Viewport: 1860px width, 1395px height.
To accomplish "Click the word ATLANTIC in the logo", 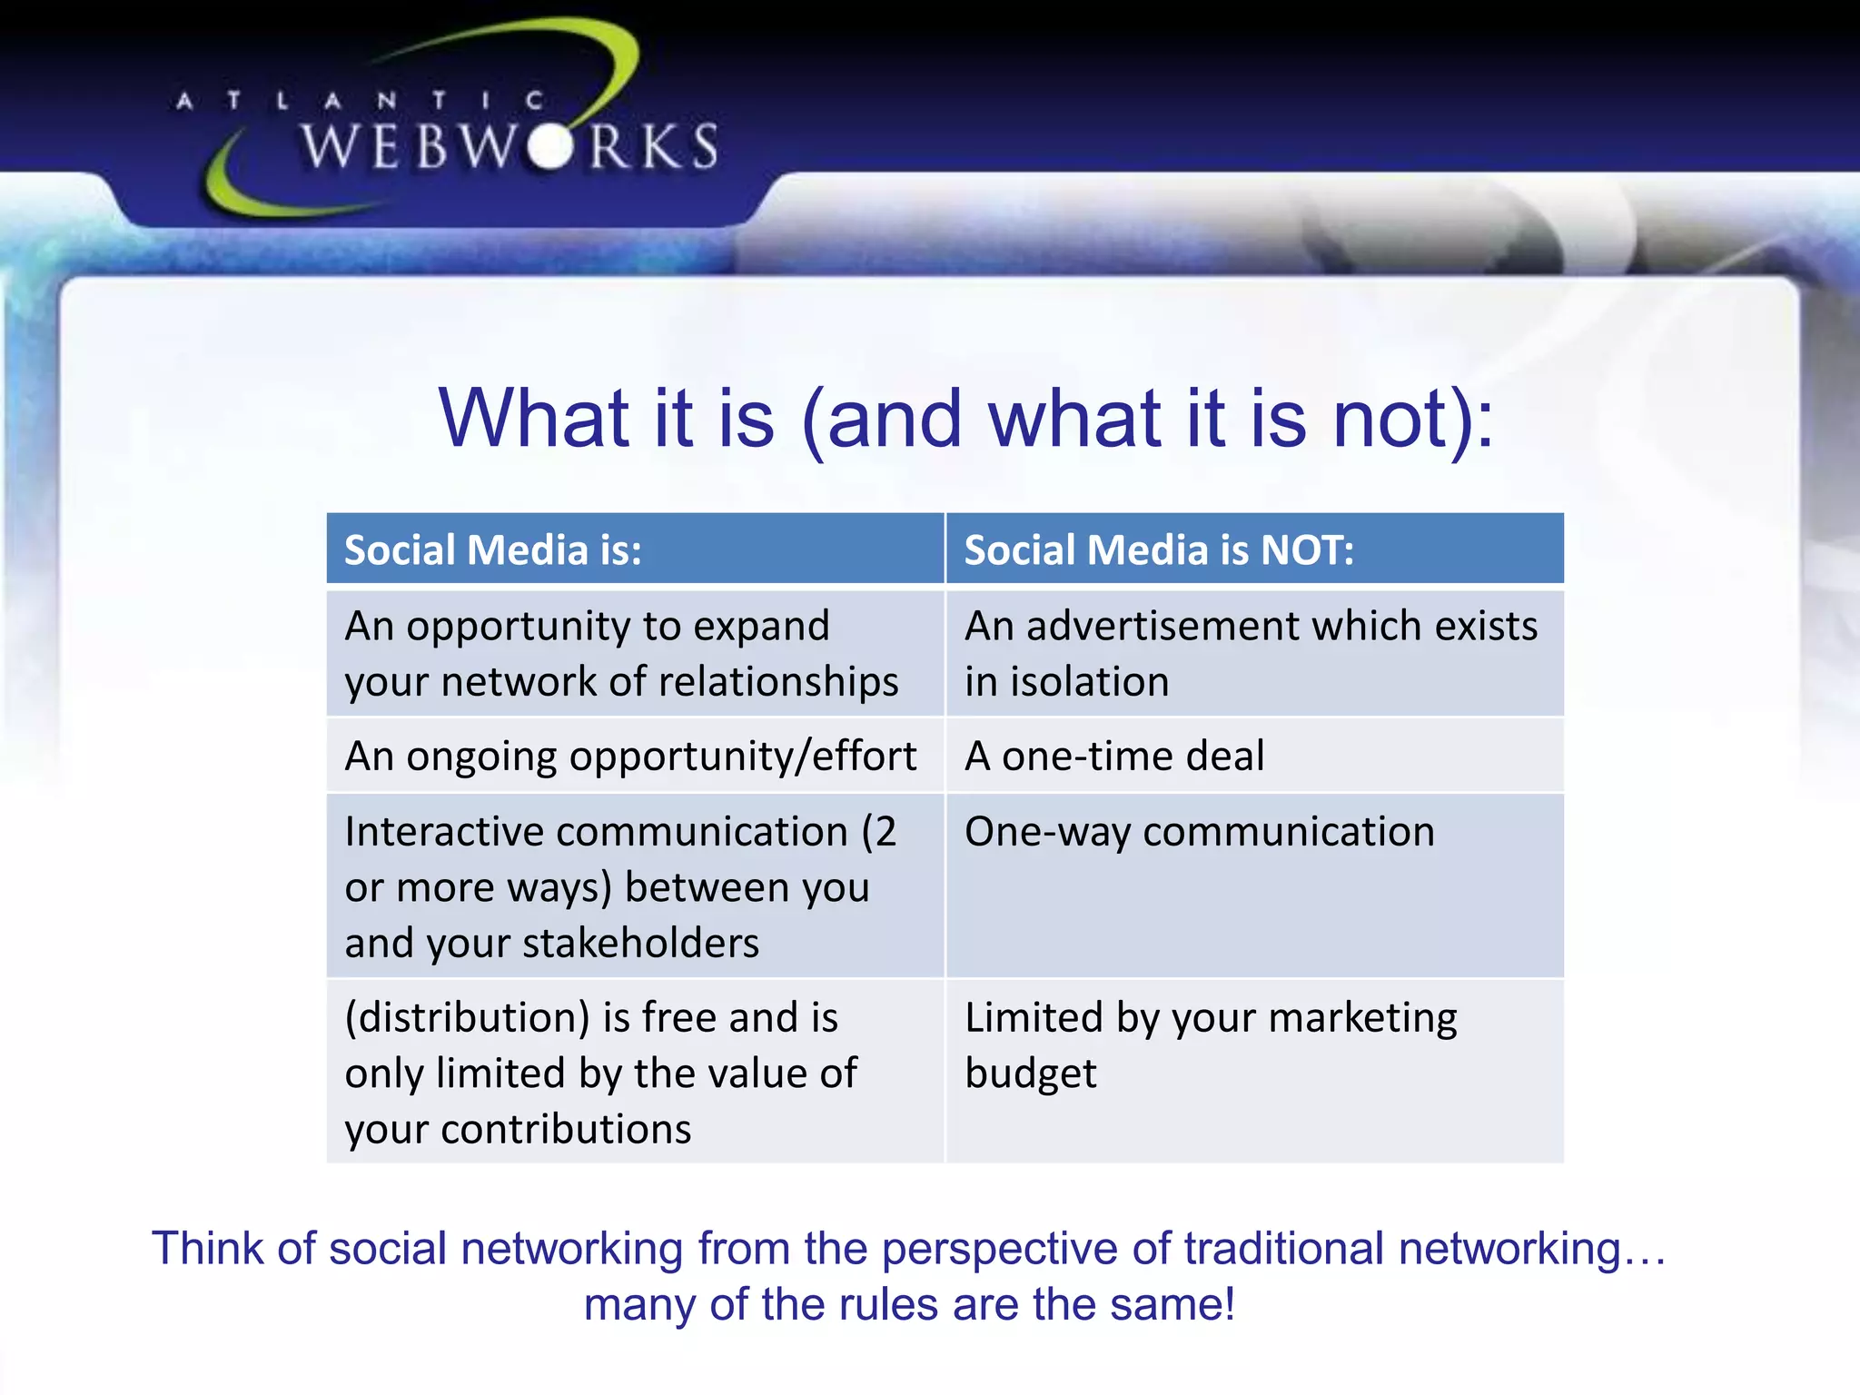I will pyautogui.click(x=360, y=101).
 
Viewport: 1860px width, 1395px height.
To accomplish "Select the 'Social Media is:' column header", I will pyautogui.click(x=493, y=550).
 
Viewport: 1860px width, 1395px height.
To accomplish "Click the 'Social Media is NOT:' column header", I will pyautogui.click(x=1159, y=550).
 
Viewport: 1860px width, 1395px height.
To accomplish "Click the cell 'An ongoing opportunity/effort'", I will pyautogui.click(x=630, y=756).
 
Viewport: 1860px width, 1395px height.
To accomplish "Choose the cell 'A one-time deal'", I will pyautogui.click(x=1114, y=756).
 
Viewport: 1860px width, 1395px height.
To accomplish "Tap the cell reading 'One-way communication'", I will pyautogui.click(x=1199, y=832).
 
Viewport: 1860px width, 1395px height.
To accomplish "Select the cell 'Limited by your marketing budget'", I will pyautogui.click(x=1210, y=1044).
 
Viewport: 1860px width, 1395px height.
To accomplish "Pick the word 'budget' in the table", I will pyautogui.click(x=1030, y=1074).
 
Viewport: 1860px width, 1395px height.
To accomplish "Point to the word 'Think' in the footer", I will pyautogui.click(x=208, y=1249).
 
